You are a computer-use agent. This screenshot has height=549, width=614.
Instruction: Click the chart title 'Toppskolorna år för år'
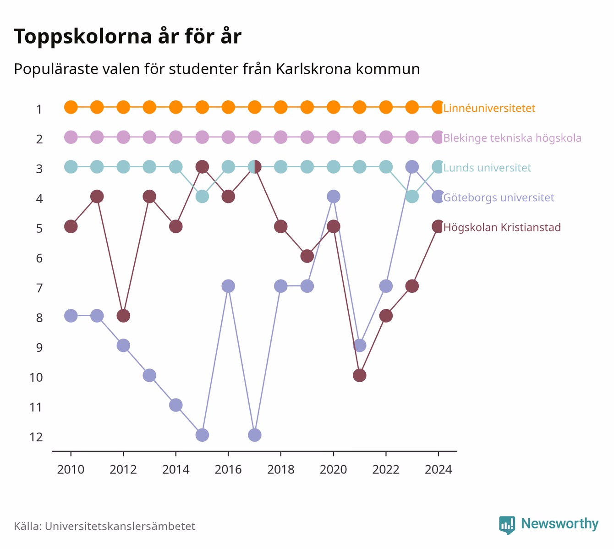[127, 36]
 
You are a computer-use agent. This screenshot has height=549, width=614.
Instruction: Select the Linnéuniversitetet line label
[489, 108]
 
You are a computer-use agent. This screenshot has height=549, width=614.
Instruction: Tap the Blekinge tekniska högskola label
[512, 138]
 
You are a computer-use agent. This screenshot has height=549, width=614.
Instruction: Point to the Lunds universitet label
[487, 168]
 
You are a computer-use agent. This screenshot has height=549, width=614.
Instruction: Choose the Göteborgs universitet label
[499, 198]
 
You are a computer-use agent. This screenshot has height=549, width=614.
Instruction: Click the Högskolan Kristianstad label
[502, 227]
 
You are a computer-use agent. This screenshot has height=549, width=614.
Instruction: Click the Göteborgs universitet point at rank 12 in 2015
[202, 435]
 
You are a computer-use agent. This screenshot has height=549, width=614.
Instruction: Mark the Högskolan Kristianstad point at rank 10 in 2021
[359, 375]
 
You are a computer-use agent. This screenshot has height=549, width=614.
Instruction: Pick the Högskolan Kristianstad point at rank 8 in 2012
[123, 316]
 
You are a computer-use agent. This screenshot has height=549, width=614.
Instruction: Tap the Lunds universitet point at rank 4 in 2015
[202, 197]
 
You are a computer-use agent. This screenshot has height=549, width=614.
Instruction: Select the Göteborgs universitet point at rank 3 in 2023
[412, 167]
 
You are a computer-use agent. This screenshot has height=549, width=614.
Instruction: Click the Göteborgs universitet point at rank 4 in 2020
[334, 197]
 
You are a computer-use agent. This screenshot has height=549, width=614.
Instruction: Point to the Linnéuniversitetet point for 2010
[71, 107]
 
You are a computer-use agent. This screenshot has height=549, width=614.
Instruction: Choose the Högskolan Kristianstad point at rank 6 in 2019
[307, 256]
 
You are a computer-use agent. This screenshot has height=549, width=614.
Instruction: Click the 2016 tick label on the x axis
[228, 470]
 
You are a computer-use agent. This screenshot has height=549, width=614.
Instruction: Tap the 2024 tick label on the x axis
[438, 470]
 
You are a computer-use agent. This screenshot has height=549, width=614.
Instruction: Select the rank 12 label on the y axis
[36, 437]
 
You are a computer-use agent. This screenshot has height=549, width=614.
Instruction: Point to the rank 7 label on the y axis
[39, 288]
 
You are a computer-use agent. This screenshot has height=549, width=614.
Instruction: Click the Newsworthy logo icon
[507, 525]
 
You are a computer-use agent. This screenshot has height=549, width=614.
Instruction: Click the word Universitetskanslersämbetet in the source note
[120, 526]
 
